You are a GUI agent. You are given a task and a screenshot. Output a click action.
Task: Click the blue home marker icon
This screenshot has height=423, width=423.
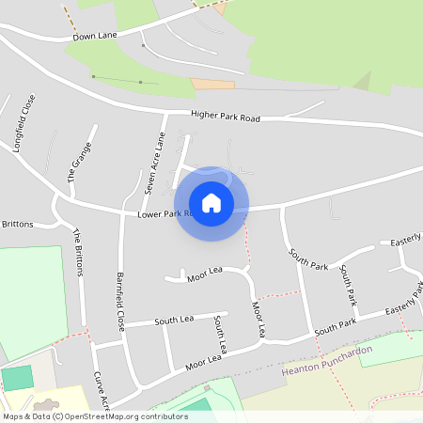click(211, 202)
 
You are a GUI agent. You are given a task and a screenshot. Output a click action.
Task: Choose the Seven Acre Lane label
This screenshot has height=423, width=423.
click(153, 163)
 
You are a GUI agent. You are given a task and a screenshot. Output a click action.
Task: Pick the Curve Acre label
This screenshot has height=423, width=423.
click(102, 391)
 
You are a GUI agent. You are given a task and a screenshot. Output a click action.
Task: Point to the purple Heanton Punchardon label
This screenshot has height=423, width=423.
click(327, 361)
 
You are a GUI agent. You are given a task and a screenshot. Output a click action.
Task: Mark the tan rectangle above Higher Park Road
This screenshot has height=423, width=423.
click(211, 84)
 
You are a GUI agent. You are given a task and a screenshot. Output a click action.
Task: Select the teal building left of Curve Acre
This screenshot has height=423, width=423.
click(16, 379)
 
